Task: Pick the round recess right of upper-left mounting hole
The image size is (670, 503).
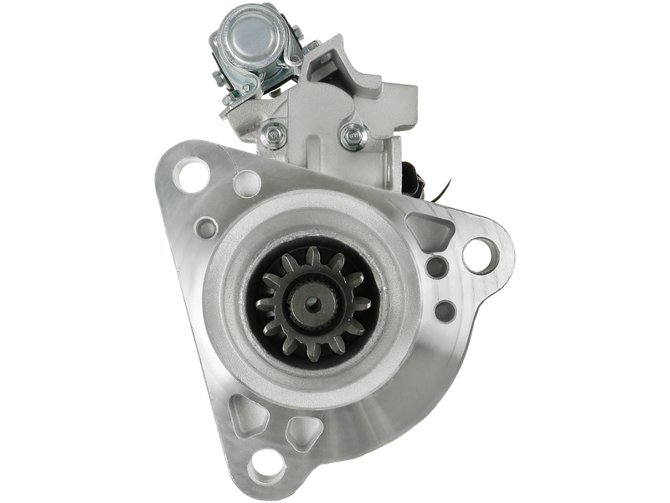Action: click(246, 180)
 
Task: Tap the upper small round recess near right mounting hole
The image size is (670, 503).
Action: click(435, 267)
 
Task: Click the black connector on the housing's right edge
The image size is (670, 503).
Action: click(412, 176)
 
